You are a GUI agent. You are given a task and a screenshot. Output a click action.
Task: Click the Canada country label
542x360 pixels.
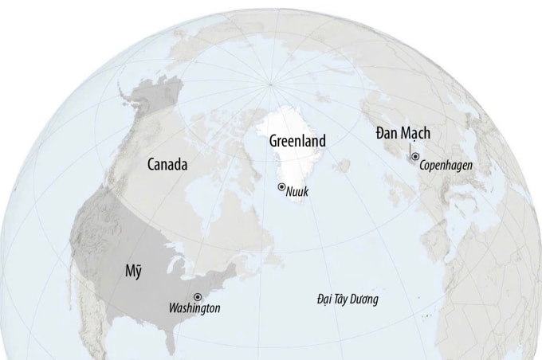(x=167, y=165)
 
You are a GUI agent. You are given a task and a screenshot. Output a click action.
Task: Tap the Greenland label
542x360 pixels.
(x=297, y=141)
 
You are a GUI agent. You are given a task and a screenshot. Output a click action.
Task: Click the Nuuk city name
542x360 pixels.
(x=297, y=191)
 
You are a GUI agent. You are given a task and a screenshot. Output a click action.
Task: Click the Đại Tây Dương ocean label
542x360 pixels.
(x=347, y=299)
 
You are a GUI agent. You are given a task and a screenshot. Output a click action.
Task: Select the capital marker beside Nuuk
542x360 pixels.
(x=281, y=186)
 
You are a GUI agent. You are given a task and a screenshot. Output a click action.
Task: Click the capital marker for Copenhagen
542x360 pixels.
(x=415, y=157)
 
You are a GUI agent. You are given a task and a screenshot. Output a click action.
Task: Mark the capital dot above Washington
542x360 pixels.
(x=198, y=296)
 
